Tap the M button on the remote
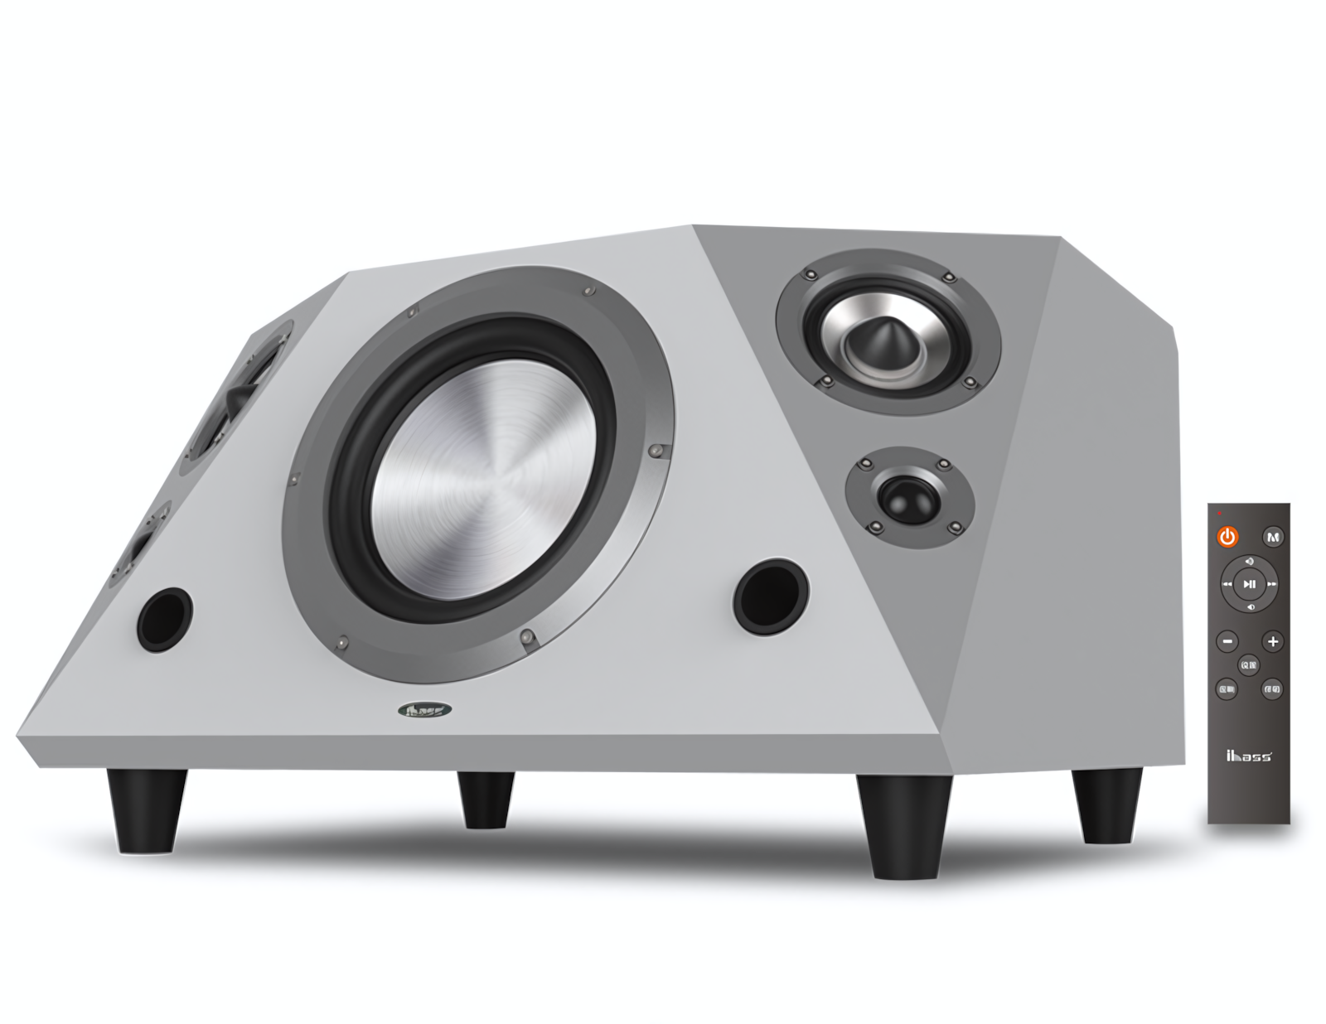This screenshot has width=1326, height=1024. point(1274,537)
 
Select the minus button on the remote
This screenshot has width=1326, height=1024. point(1227,641)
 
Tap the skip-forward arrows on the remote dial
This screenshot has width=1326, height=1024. point(1272,584)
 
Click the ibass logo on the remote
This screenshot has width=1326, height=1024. point(1248,755)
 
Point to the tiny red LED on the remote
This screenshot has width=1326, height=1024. point(1220,514)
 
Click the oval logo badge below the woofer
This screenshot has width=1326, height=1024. point(425,711)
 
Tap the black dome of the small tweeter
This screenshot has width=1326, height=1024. point(909,497)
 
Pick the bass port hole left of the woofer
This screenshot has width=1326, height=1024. point(165,620)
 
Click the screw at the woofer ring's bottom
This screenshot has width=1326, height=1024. point(526,637)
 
